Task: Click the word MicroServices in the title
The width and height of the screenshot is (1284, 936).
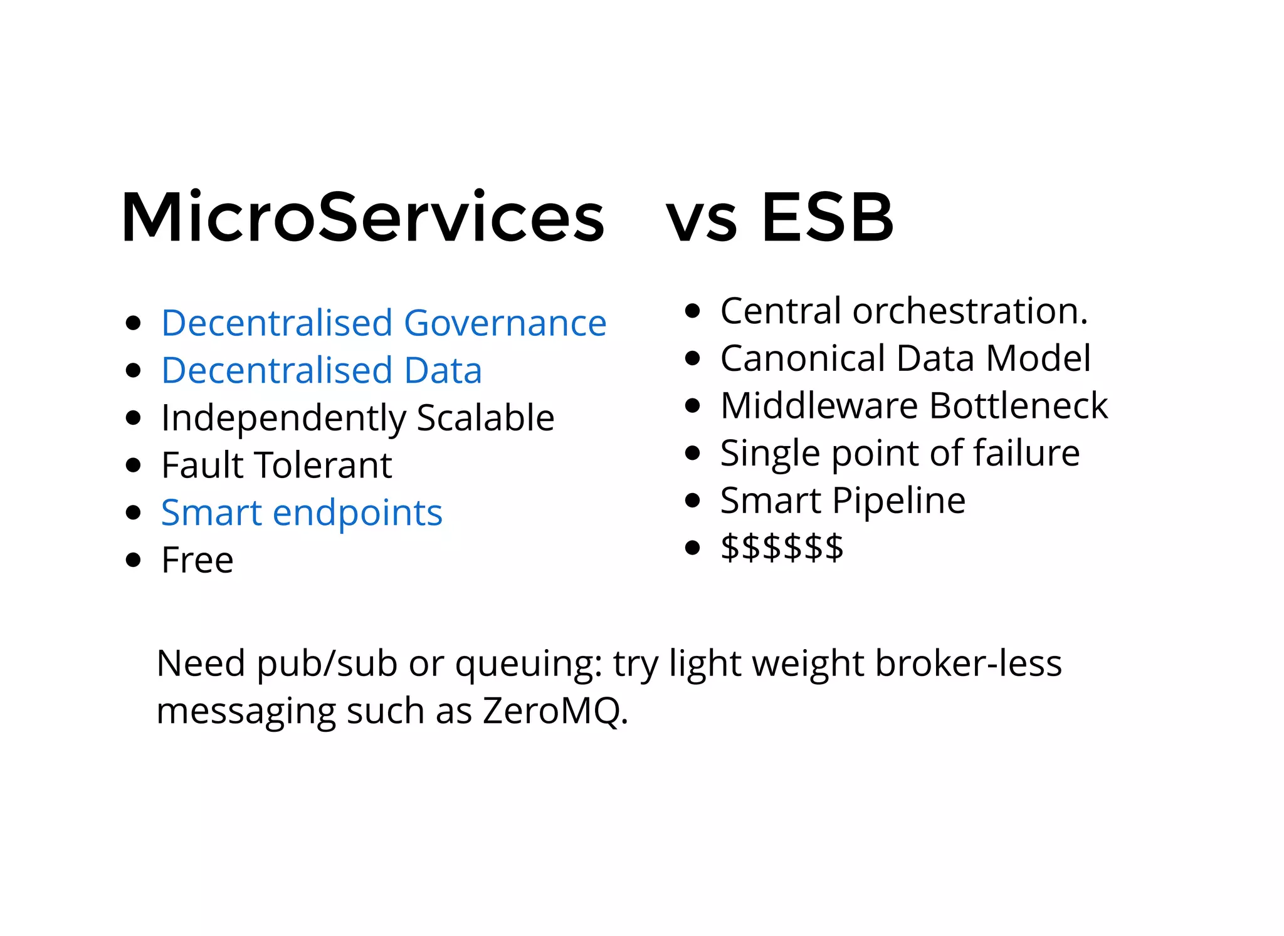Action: pos(362,217)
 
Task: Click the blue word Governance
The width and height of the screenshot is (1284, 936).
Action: pos(505,323)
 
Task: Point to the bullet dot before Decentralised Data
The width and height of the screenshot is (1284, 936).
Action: pos(133,370)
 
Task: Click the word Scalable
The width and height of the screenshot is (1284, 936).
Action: pos(485,418)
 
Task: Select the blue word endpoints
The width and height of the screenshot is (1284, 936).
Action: pos(357,514)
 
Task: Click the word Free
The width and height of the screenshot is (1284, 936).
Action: pos(197,560)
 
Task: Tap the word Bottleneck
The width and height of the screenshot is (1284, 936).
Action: pos(1018,405)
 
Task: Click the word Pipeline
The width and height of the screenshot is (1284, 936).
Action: pos(899,501)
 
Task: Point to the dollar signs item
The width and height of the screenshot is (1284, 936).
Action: pos(782,548)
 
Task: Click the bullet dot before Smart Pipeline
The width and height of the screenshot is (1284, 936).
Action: pos(692,501)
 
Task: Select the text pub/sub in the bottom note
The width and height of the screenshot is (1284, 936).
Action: pos(327,664)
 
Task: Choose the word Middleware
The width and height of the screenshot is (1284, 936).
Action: pos(819,405)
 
